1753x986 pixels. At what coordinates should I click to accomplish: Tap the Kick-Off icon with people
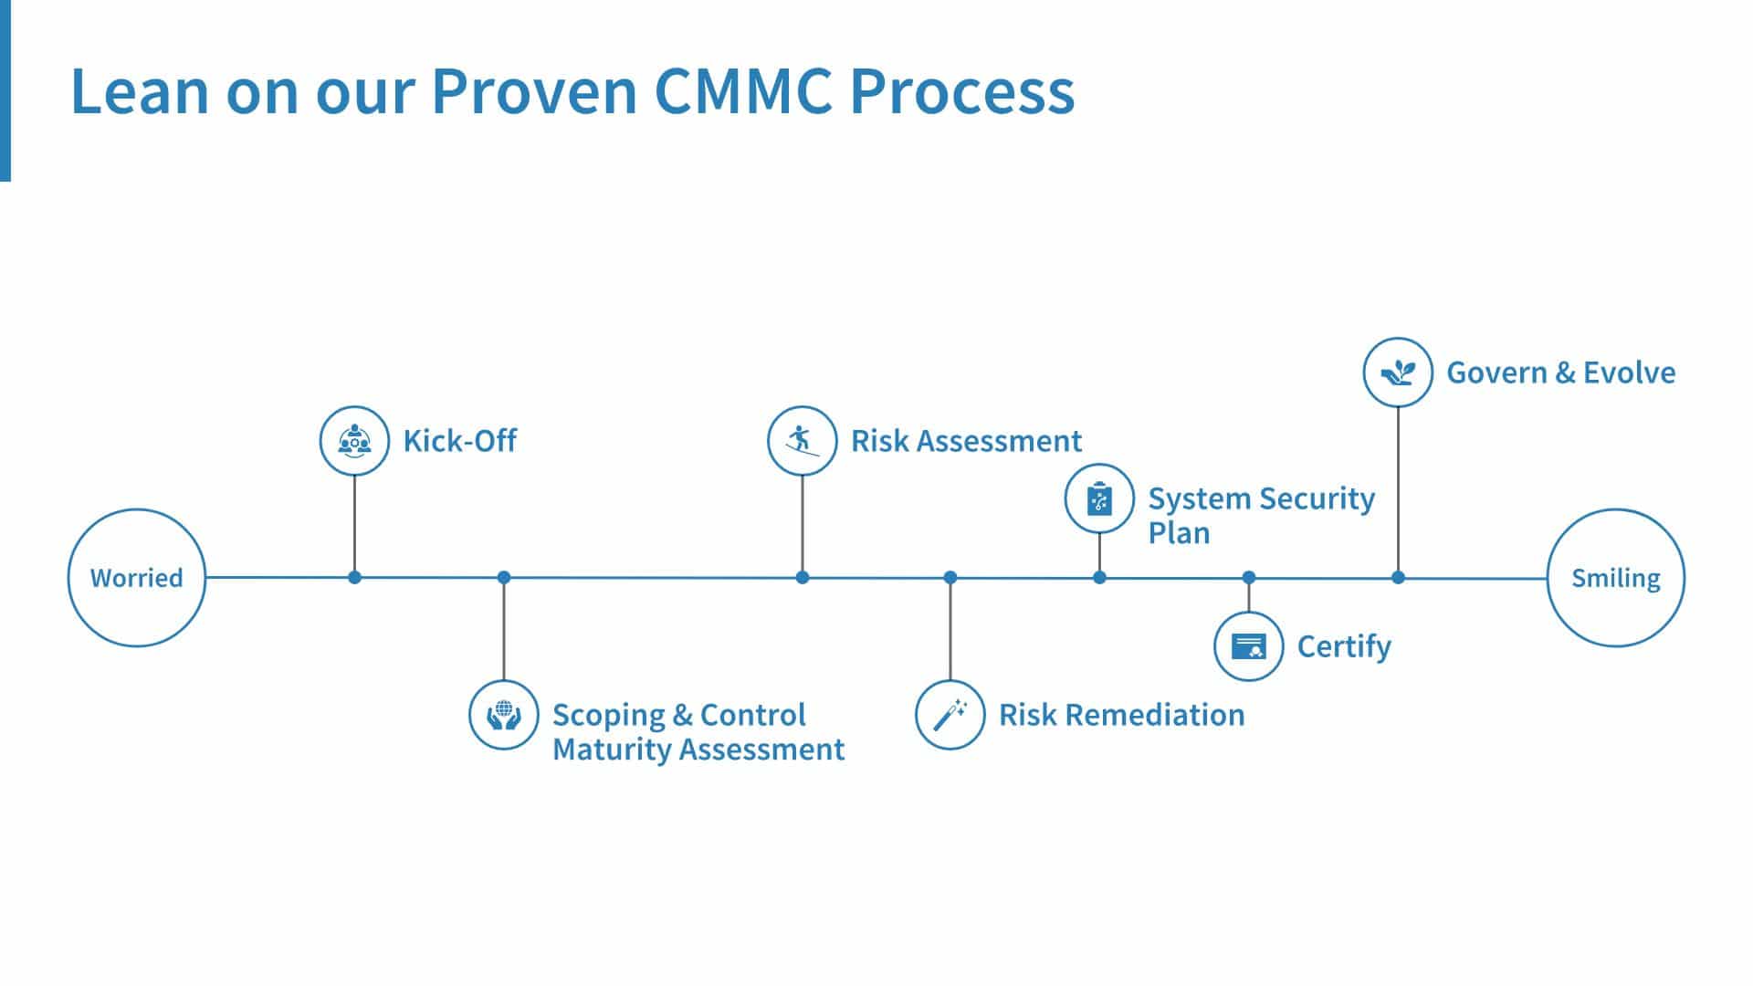click(x=354, y=441)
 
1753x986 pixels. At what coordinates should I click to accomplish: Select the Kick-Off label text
click(x=460, y=441)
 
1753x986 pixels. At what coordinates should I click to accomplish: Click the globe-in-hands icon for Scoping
click(x=503, y=715)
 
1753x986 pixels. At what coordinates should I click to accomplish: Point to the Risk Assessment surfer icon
click(x=802, y=441)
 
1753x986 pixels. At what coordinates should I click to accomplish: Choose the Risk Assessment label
click(x=966, y=441)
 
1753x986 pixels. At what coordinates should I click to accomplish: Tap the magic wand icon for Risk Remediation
click(x=950, y=715)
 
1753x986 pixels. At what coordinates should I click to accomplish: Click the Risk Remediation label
click(x=1122, y=715)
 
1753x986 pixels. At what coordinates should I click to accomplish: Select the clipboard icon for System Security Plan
click(x=1099, y=498)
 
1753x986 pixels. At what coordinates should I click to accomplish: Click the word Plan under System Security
click(x=1179, y=533)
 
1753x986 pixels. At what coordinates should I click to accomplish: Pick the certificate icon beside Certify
click(x=1249, y=646)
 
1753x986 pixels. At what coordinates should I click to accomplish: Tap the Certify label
click(x=1344, y=647)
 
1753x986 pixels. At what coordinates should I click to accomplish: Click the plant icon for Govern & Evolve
click(x=1398, y=372)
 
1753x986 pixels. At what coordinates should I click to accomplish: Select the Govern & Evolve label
click(x=1561, y=372)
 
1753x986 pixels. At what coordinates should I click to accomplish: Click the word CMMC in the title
click(x=743, y=90)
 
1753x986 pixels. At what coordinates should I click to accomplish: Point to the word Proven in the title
click(x=534, y=90)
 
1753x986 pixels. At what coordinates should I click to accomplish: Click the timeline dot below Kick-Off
click(x=354, y=577)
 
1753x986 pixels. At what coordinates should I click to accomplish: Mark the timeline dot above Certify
click(x=1249, y=577)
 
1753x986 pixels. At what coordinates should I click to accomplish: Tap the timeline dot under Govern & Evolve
click(x=1398, y=577)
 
